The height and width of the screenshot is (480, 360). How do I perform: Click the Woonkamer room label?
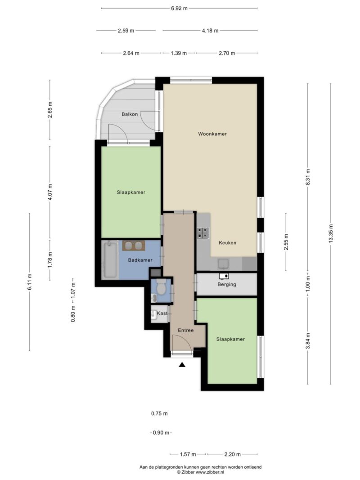212,134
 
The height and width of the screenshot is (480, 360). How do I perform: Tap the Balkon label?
130,114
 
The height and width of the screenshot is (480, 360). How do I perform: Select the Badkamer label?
140,260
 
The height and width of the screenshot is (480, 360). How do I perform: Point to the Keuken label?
227,243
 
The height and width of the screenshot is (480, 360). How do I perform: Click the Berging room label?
227,284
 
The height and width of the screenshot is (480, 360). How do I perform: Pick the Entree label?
186,330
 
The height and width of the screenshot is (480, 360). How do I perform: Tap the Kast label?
162,313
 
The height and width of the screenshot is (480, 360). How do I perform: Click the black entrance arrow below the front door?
182,364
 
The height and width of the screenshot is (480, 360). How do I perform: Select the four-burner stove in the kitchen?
202,233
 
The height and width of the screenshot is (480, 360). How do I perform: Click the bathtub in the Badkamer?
110,260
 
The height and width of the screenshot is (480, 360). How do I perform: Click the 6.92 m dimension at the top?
180,8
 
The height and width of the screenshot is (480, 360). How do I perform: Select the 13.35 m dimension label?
331,234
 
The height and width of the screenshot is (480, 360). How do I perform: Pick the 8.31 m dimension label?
308,177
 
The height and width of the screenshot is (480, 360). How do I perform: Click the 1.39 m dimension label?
179,53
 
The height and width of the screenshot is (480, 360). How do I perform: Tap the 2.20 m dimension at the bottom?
232,454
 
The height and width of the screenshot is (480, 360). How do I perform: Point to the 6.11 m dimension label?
29,282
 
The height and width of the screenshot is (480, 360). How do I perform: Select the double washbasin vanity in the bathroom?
134,246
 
